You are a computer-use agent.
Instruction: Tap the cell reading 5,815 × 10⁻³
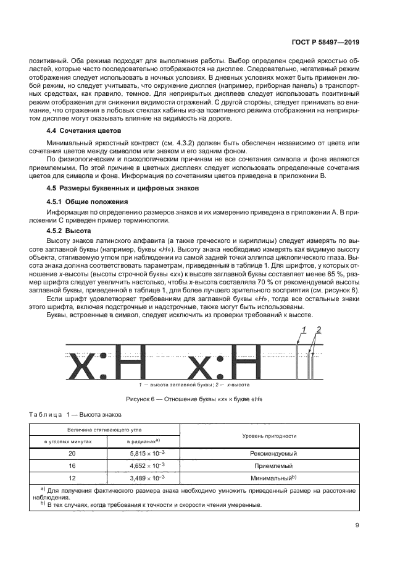point(143,453)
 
